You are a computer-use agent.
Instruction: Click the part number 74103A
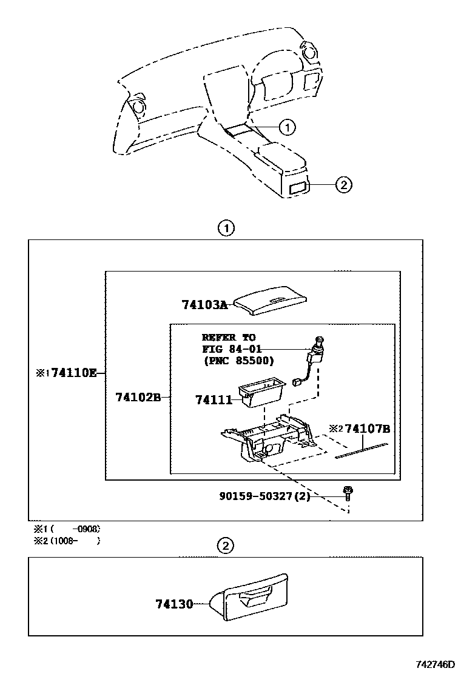204,305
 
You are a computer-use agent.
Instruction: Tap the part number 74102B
138,398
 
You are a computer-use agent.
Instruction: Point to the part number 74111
214,399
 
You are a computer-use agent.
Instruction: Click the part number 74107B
367,429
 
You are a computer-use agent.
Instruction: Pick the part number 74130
173,604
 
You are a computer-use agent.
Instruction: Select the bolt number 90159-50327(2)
264,496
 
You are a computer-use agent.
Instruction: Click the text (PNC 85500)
238,361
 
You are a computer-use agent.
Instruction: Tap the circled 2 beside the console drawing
343,185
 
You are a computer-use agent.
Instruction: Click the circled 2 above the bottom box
225,546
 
